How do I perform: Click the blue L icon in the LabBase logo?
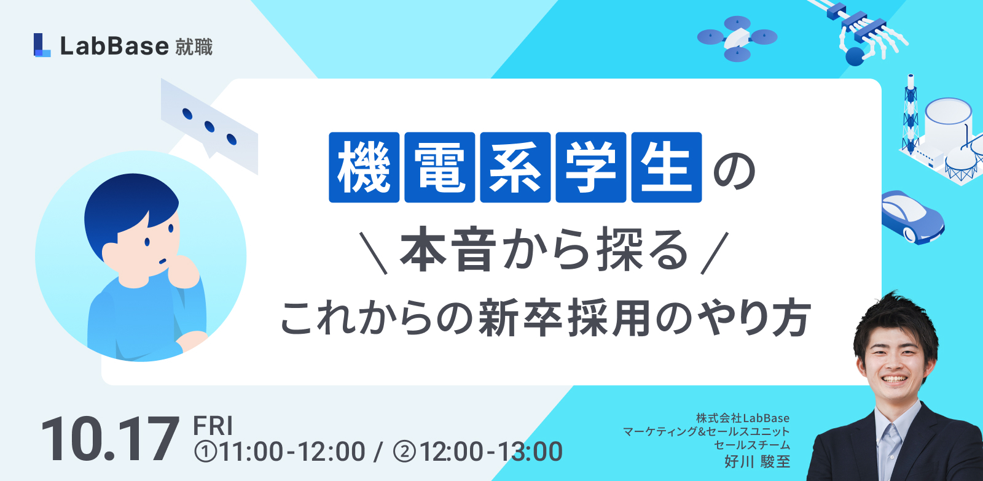coord(42,45)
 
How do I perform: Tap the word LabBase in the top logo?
coord(114,46)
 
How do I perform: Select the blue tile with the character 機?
coord(364,167)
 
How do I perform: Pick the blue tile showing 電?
coord(440,167)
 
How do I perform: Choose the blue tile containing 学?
coord(590,167)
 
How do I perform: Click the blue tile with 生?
coord(667,167)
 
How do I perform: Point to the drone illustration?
coord(737,39)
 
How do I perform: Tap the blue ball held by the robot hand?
coord(855,56)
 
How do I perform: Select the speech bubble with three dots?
coord(210,126)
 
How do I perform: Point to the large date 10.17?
coord(110,439)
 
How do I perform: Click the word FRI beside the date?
coord(213,425)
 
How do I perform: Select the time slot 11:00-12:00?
coord(280,452)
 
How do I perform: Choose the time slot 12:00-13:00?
coord(478,452)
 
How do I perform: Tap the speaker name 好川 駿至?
coord(757,461)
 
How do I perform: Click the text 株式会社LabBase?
coord(743,418)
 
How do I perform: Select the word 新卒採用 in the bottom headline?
coord(564,318)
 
